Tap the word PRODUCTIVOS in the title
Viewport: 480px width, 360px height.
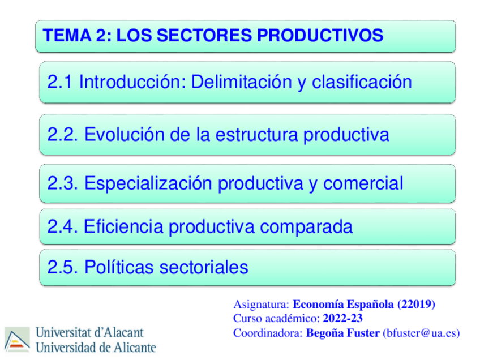point(320,36)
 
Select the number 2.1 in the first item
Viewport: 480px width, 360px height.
point(60,83)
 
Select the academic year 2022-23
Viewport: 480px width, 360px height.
point(342,318)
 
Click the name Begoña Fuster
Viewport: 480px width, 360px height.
point(343,333)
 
